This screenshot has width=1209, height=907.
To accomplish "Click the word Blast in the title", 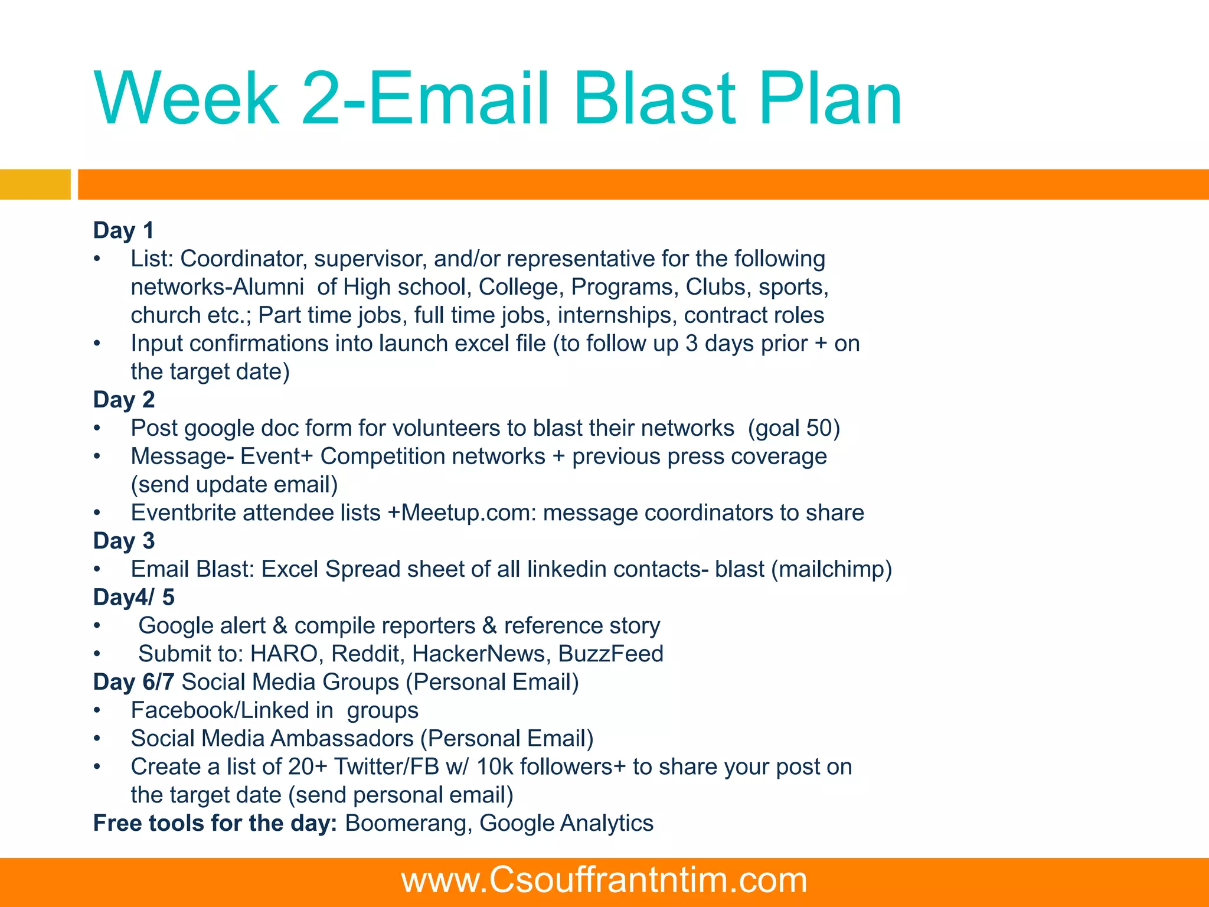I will pyautogui.click(x=655, y=99).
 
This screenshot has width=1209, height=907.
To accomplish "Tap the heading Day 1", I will pyautogui.click(x=123, y=230).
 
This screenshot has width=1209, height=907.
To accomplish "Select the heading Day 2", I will pyautogui.click(x=124, y=400).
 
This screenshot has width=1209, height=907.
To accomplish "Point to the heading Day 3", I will pyautogui.click(x=124, y=541).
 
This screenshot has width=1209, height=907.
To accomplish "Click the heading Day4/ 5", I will pyautogui.click(x=134, y=598).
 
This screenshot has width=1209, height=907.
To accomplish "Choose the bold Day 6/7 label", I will pyautogui.click(x=133, y=682).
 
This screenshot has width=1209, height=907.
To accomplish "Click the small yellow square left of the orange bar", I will pyautogui.click(x=35, y=184).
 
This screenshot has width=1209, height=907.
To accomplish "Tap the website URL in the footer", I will pyautogui.click(x=604, y=880).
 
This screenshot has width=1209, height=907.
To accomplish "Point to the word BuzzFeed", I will pyautogui.click(x=610, y=654).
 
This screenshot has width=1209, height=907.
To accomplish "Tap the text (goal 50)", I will pyautogui.click(x=793, y=428).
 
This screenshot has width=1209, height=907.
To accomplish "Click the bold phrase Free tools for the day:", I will pyautogui.click(x=215, y=824).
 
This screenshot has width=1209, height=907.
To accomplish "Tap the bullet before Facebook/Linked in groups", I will pyautogui.click(x=97, y=711).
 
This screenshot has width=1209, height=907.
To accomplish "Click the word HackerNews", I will pyautogui.click(x=481, y=654).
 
